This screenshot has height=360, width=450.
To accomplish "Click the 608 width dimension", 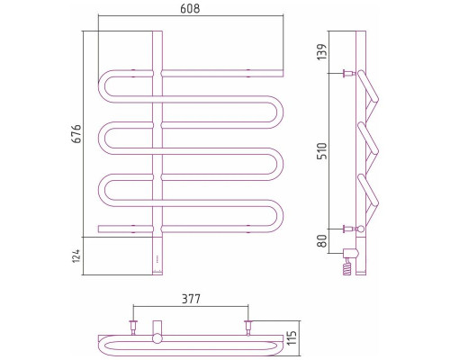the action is click(190, 9).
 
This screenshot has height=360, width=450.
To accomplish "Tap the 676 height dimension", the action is click(76, 133).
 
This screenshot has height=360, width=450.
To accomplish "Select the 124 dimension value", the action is click(76, 256).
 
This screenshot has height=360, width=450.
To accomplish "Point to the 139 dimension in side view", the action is click(321, 52).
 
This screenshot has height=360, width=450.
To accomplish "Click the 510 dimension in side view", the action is click(321, 151).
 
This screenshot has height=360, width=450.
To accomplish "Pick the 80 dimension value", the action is click(321, 241).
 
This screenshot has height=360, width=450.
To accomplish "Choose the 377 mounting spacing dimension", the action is click(191, 299).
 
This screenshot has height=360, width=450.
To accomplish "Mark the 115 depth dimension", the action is click(292, 337).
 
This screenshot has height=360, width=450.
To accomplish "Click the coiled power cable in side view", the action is click(346, 267).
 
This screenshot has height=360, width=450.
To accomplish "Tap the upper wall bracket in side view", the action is click(349, 73).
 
